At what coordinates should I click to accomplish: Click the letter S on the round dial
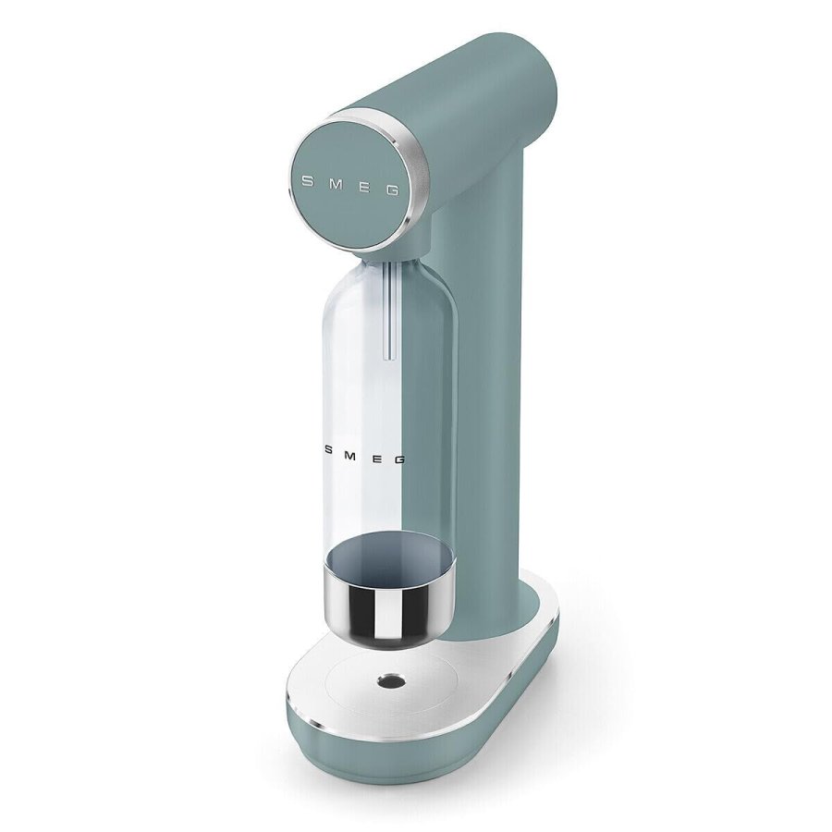click(307, 182)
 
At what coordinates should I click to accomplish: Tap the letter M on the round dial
click(334, 185)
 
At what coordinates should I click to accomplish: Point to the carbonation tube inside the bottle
click(389, 314)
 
